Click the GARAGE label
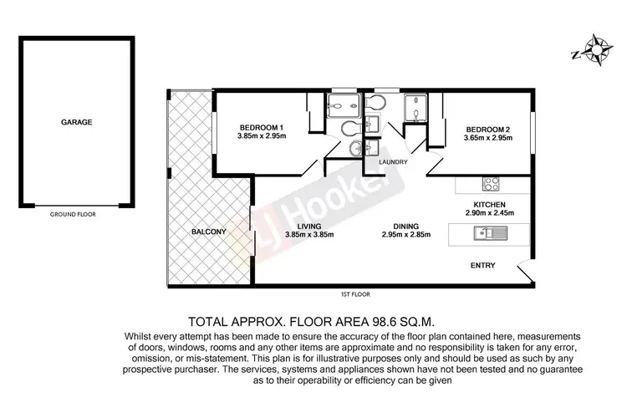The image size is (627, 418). click(x=76, y=122)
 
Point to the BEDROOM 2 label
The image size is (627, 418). click(x=487, y=129)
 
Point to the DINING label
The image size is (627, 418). click(x=406, y=225)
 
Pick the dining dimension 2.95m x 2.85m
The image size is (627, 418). click(x=406, y=235)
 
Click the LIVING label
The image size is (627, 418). click(x=308, y=225)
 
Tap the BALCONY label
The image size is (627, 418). click(x=208, y=232)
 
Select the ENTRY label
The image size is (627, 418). click(x=482, y=266)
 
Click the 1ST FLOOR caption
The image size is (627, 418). click(x=356, y=294)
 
